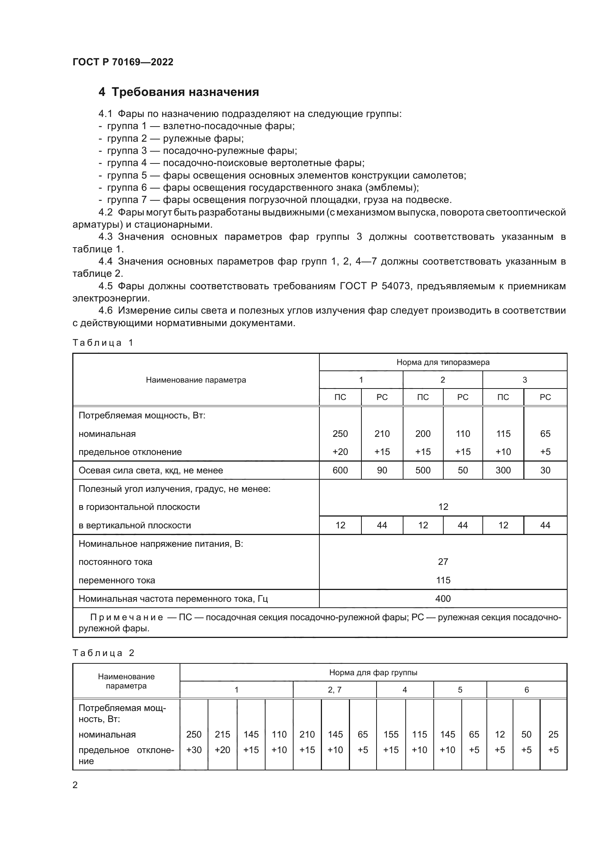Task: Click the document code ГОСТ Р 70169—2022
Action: (x=123, y=62)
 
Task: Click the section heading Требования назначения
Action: (x=185, y=92)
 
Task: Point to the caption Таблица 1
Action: (x=103, y=342)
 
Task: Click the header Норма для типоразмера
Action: (x=443, y=362)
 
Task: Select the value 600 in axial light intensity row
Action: (x=340, y=470)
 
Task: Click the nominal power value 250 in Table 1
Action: (x=340, y=434)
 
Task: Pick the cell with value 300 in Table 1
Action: (x=503, y=470)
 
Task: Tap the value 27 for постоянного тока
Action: (x=443, y=562)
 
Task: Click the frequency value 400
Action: (x=443, y=598)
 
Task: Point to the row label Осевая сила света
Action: (x=150, y=470)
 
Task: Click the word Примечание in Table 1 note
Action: (x=126, y=618)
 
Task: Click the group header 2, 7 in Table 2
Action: (x=334, y=690)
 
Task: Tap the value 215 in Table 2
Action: (x=222, y=734)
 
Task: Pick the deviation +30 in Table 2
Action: (x=194, y=750)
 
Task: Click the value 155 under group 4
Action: (x=391, y=734)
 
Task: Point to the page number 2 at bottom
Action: (x=75, y=785)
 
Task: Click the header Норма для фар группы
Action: (x=373, y=673)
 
